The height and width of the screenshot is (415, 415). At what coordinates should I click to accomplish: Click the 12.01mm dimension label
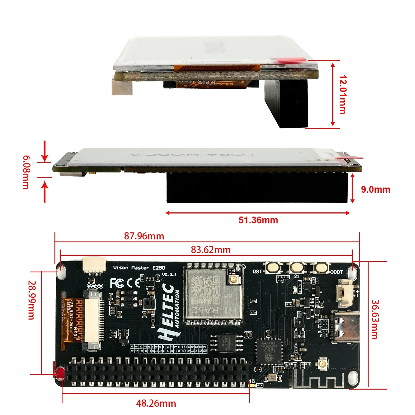[343, 95]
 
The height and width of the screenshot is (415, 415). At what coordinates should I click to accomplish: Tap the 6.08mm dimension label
[26, 172]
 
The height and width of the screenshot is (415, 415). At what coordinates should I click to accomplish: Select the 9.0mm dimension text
[375, 190]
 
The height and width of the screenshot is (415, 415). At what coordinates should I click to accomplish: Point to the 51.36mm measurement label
[258, 220]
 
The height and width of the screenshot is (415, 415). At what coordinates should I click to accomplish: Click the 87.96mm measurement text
[144, 236]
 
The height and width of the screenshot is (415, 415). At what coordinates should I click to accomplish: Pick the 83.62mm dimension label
[211, 250]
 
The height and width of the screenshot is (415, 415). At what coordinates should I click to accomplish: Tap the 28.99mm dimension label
[31, 300]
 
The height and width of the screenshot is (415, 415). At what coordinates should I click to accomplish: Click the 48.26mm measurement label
[156, 403]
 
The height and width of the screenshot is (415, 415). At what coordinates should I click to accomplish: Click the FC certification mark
[117, 283]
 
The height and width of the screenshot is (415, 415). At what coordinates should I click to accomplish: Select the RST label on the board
[257, 272]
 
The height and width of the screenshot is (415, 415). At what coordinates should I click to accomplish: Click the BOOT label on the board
[337, 272]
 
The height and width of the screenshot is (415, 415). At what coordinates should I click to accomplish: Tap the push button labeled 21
[297, 267]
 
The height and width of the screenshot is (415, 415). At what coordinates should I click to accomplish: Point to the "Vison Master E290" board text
[139, 268]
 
